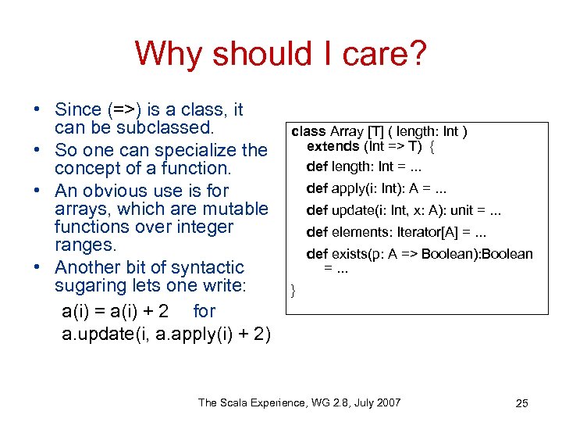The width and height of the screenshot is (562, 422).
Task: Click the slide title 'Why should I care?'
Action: point(280,54)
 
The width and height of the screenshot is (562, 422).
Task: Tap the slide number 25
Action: point(522,403)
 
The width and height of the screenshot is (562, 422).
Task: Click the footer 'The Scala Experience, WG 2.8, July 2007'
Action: point(300,402)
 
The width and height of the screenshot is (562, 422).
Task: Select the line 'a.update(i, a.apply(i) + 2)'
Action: point(166,335)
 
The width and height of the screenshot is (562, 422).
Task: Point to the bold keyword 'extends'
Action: point(333,146)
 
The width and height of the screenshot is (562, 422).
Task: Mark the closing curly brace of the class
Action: point(293,291)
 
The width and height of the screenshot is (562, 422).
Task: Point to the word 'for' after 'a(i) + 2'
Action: point(204,310)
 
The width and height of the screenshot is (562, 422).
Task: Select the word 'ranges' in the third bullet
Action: point(84,246)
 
